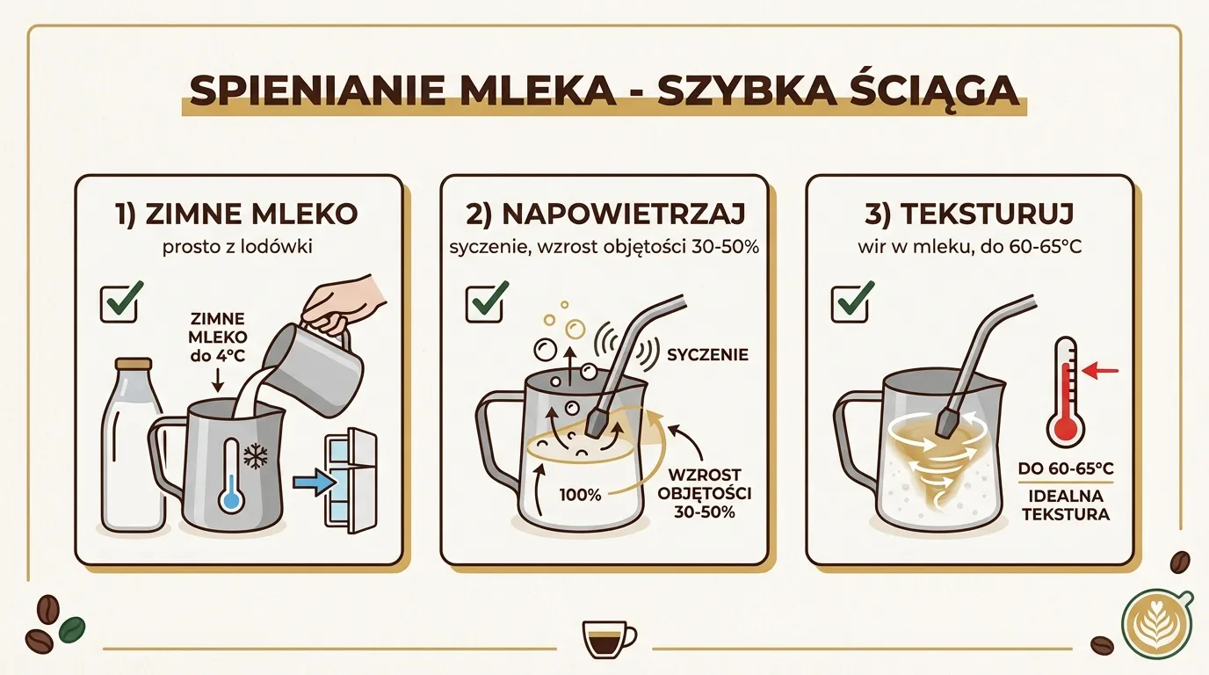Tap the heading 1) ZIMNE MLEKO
pyautogui.click(x=237, y=214)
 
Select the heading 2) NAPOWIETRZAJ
pyautogui.click(x=604, y=214)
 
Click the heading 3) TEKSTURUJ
pyautogui.click(x=969, y=214)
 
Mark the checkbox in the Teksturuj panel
pyautogui.click(x=850, y=301)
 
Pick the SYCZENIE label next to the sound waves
pyautogui.click(x=707, y=355)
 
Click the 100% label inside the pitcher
pyautogui.click(x=581, y=495)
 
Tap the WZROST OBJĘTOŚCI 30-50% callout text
pyautogui.click(x=700, y=493)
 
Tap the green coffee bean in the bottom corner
pyautogui.click(x=71, y=628)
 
